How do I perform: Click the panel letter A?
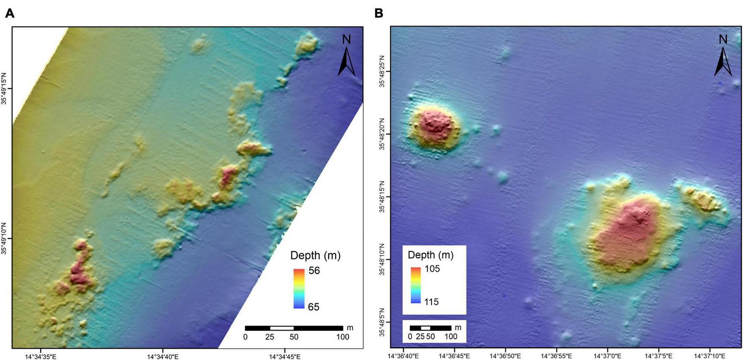coord(9,13)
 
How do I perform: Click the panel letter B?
coord(378,13)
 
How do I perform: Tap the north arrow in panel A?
coord(346,57)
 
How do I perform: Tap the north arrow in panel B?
coord(723,57)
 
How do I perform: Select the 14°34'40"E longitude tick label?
coord(163,357)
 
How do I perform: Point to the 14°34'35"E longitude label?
coord(41,357)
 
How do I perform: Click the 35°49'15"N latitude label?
coord(5,88)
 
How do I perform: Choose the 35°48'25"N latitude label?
coord(382,72)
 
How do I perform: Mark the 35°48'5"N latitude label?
coord(382,322)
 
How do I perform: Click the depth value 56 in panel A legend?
coord(314,271)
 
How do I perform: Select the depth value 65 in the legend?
coord(314,307)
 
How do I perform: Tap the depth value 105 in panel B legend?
coord(431,269)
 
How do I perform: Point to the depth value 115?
coord(431,302)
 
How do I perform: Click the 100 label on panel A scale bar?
coord(343,337)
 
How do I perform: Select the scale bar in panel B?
coord(430,328)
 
